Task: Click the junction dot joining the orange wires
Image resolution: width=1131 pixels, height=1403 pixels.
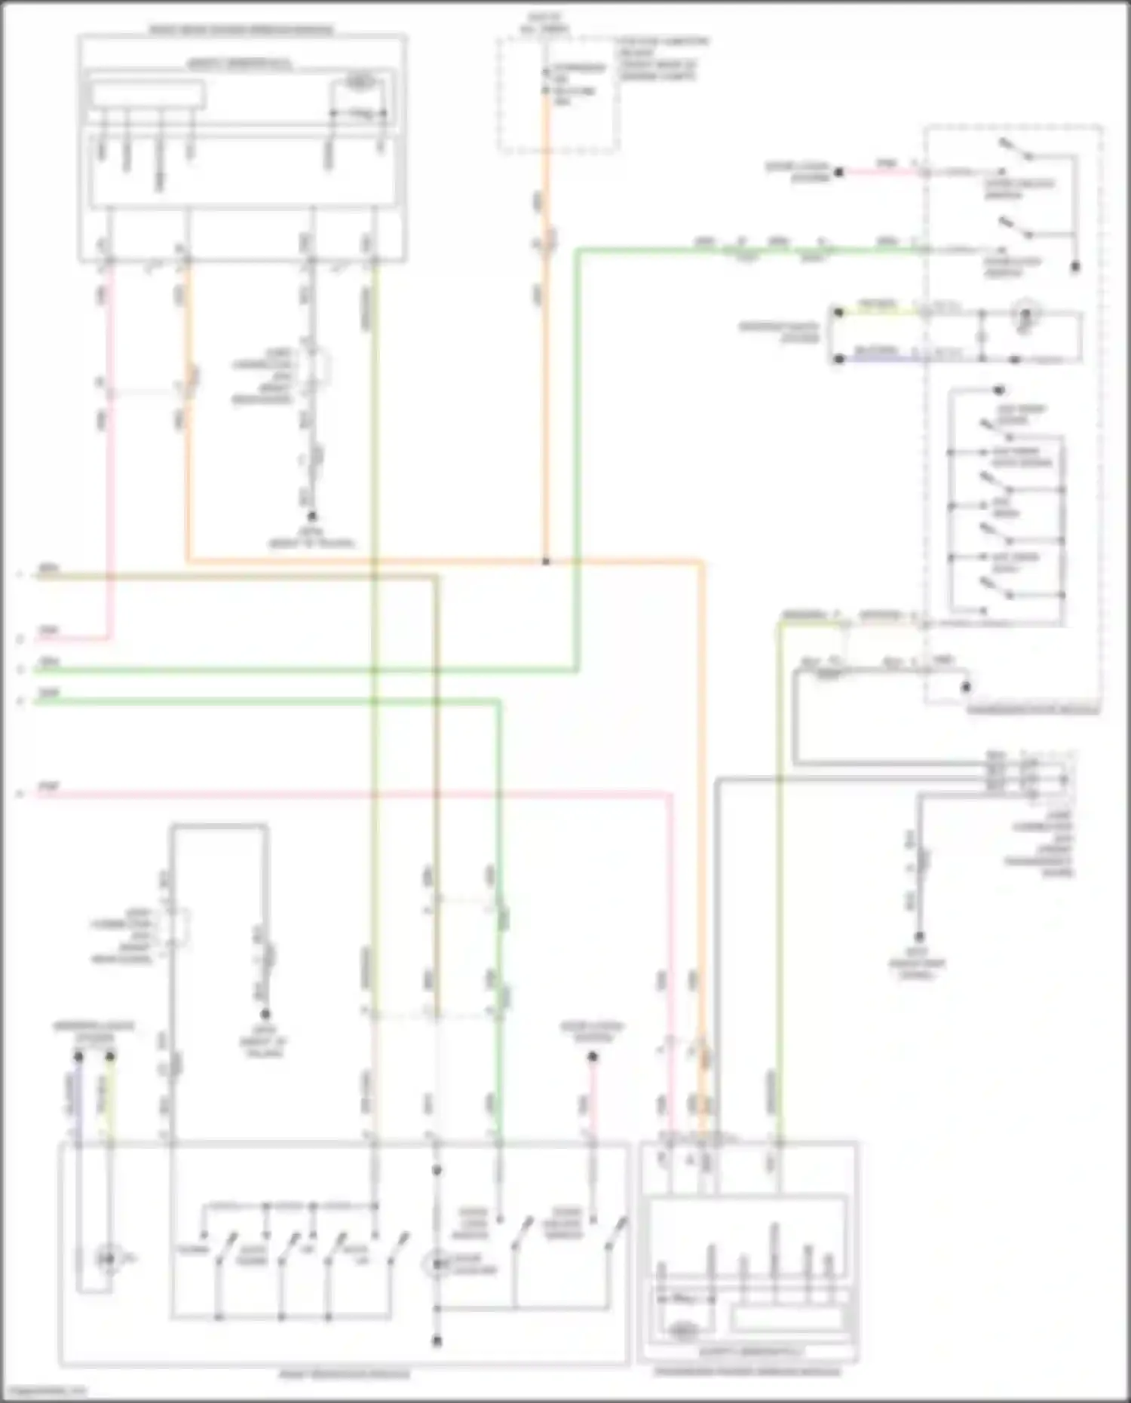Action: (x=546, y=562)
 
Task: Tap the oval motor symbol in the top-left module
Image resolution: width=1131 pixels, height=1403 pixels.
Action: (x=361, y=81)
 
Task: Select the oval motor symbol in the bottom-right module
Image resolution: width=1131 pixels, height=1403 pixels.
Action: (x=682, y=1330)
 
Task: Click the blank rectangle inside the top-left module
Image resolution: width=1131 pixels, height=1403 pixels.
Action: (x=147, y=95)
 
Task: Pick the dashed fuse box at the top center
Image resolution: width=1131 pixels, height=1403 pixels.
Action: (x=558, y=94)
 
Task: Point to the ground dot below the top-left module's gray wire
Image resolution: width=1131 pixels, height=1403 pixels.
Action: (x=311, y=516)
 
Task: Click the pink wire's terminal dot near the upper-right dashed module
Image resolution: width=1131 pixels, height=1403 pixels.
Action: (x=838, y=173)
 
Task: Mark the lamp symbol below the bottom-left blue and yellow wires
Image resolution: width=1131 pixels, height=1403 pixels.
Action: (x=108, y=1258)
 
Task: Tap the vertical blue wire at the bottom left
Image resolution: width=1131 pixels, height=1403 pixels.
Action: (x=78, y=1101)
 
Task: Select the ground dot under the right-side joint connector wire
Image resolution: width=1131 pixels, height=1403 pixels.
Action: (x=919, y=937)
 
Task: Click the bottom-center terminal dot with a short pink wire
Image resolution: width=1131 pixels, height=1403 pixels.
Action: (x=593, y=1057)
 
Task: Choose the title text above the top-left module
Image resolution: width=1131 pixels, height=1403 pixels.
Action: (x=241, y=30)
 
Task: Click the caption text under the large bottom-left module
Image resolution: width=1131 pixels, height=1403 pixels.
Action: (x=345, y=1374)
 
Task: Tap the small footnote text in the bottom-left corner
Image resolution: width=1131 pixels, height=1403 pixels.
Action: (x=44, y=1391)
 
